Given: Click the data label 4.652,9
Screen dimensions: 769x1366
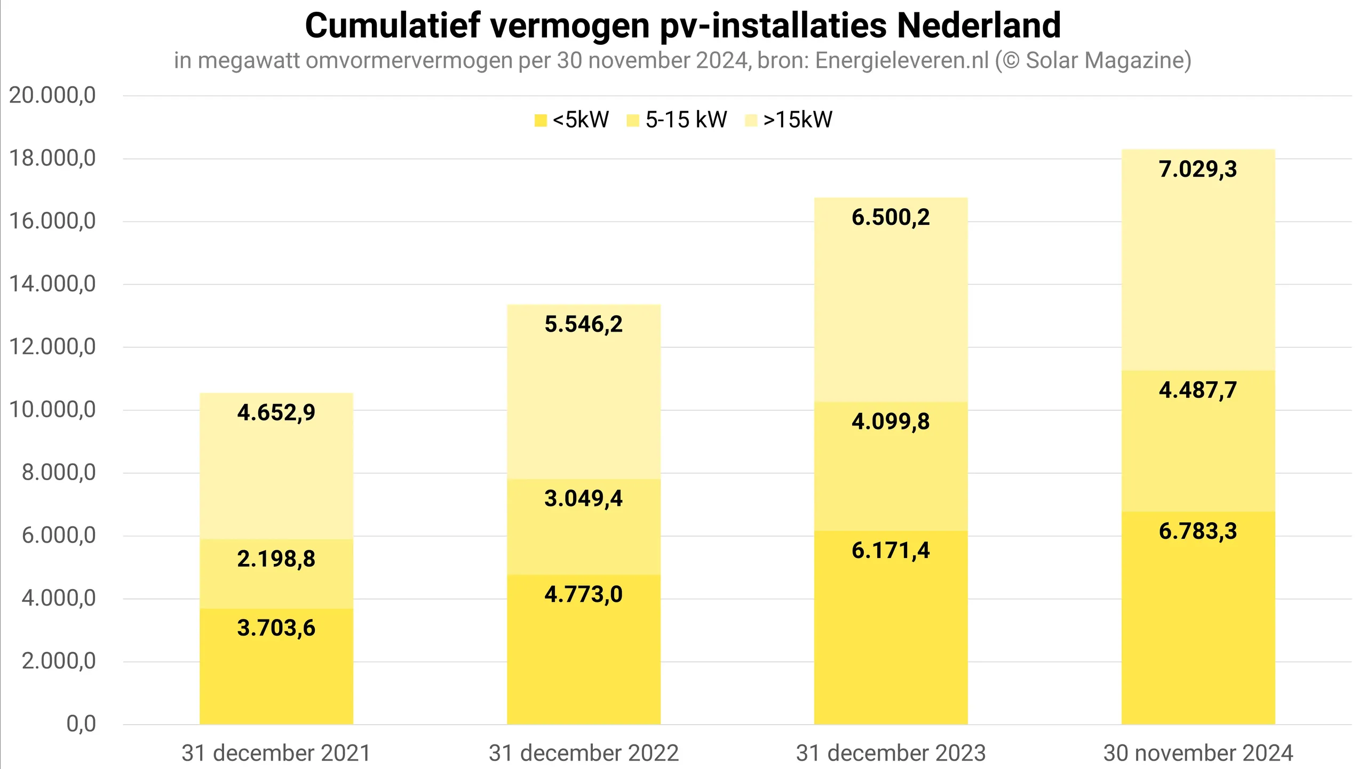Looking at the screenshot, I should [276, 413].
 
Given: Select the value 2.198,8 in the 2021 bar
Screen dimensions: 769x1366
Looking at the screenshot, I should [276, 559].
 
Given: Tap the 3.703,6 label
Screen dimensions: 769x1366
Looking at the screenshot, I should [276, 628].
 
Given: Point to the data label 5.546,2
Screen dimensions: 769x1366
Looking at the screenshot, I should [583, 324].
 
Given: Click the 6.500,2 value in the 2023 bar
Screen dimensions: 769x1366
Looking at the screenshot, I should [891, 217].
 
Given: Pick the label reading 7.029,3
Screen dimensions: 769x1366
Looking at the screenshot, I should [1198, 169].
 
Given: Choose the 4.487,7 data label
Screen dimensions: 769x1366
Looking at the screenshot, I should [1198, 390].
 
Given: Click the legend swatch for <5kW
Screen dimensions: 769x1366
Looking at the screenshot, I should [541, 120].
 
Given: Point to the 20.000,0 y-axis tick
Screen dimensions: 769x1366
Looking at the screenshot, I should [52, 96].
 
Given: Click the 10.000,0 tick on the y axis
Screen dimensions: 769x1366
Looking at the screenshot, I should [52, 410].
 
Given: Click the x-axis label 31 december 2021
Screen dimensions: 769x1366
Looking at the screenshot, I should [276, 753].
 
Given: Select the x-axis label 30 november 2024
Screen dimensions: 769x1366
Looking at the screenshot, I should [1198, 753].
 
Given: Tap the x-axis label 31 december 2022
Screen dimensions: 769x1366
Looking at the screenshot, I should [583, 753].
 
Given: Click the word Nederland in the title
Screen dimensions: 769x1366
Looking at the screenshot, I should [979, 26].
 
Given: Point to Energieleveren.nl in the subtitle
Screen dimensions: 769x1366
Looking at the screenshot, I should [902, 60].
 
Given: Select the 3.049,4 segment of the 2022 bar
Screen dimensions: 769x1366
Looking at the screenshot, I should [583, 526].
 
